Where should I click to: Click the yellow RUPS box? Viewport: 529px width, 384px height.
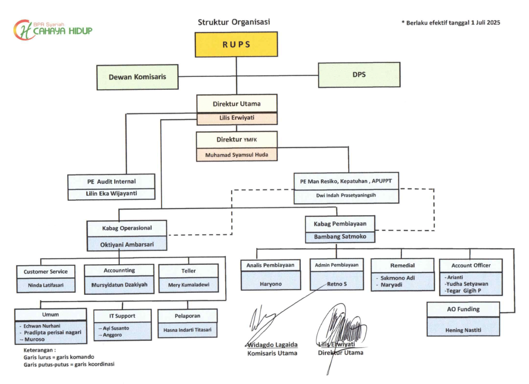tap(236, 44)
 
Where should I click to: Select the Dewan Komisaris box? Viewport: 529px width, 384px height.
tap(137, 77)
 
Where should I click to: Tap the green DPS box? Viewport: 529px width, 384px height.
tap(359, 74)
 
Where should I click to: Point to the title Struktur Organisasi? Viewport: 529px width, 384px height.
tap(234, 22)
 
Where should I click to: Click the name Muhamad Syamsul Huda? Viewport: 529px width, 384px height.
tap(237, 155)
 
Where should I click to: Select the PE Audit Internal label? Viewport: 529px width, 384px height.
tap(112, 181)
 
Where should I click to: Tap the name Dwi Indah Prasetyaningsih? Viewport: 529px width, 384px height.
tap(347, 196)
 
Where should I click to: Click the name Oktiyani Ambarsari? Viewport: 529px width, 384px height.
tap(127, 244)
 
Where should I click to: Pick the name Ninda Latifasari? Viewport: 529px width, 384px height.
tap(45, 285)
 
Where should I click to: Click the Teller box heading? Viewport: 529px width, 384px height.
tap(189, 270)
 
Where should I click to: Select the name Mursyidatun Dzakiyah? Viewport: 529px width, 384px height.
tap(119, 284)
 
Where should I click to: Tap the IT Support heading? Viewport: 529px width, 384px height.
tap(122, 315)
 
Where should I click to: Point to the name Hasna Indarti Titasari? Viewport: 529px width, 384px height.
tap(188, 329)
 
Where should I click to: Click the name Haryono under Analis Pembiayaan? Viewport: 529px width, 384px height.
tap(270, 284)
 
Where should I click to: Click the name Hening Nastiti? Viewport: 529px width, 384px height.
tap(463, 330)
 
